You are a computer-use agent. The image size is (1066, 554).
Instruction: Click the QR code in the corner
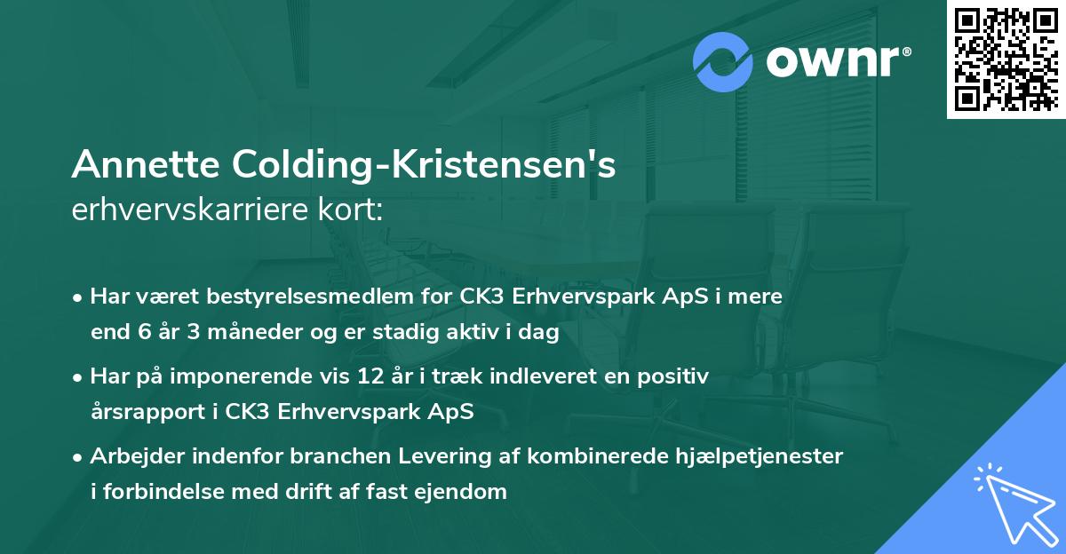[1006, 59]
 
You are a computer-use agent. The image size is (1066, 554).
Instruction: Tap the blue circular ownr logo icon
[722, 62]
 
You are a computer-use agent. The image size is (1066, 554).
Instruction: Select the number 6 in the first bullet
[135, 333]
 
